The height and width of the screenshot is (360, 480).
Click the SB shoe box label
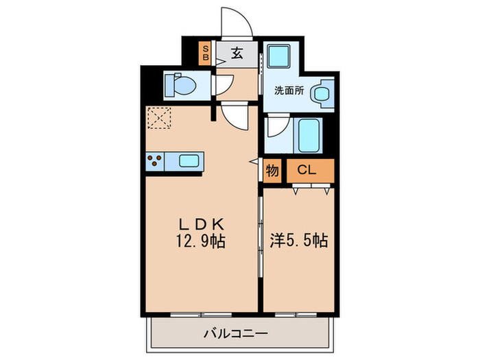pyautogui.click(x=204, y=53)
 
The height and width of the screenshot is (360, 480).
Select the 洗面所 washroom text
pyautogui.click(x=289, y=89)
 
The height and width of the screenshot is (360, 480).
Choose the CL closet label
pyautogui.click(x=308, y=170)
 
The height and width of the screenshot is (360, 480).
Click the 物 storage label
pyautogui.click(x=272, y=170)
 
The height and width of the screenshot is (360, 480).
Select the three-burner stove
pyautogui.click(x=155, y=162)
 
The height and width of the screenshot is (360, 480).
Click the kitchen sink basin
pyautogui.click(x=190, y=162)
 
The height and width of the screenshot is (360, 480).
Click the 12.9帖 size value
pyautogui.click(x=201, y=241)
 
